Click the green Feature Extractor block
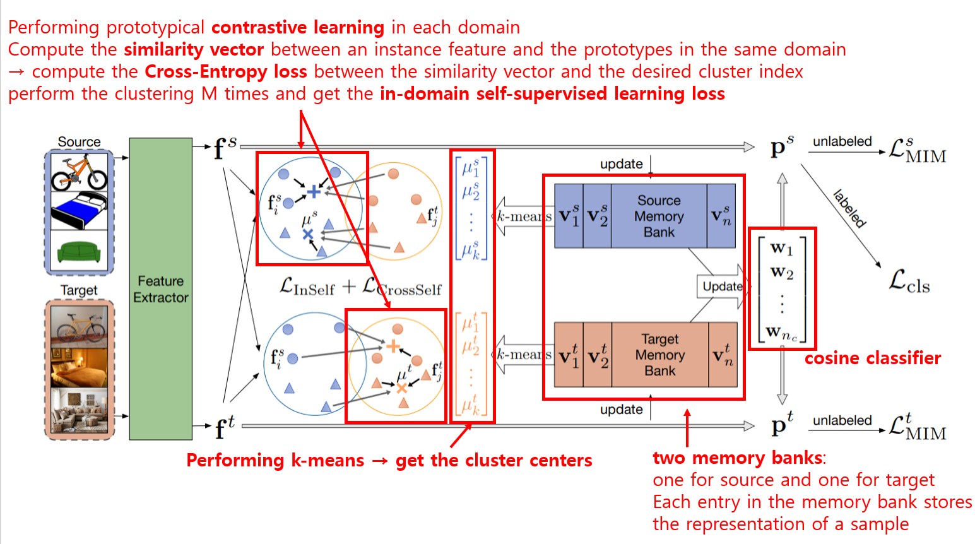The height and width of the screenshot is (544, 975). point(160,288)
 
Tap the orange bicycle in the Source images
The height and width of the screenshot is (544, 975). point(79,172)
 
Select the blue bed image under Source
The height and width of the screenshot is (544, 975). point(79,211)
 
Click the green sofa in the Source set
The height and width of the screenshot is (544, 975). point(79,252)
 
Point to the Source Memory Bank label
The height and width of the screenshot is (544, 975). point(659,216)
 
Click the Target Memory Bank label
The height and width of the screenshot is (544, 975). point(659,355)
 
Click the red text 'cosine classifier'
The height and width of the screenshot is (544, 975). point(872,358)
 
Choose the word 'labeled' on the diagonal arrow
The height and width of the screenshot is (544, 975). point(849,208)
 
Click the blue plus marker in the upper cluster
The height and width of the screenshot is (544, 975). point(314,191)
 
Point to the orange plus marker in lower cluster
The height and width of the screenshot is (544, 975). point(393,346)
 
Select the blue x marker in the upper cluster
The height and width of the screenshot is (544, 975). point(308,235)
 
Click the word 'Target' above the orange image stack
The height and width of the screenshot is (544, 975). point(79,290)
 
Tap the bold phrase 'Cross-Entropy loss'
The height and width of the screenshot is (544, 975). point(225,71)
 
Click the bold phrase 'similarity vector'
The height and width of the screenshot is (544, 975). point(193,49)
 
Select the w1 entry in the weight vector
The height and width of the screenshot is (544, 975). point(781,248)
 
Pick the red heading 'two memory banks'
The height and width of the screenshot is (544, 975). point(737,458)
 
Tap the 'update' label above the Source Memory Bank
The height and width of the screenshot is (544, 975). point(621,164)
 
